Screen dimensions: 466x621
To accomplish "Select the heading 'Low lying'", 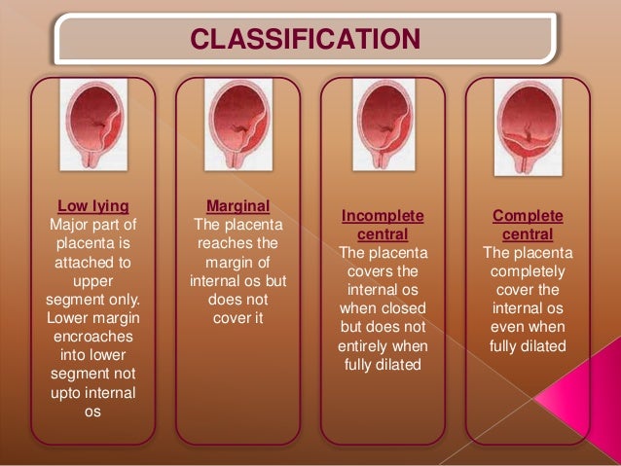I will [92, 205].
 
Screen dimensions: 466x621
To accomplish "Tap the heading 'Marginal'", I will [237, 205].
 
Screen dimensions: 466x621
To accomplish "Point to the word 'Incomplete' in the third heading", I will [383, 215].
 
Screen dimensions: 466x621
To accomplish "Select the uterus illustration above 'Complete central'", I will [528, 125].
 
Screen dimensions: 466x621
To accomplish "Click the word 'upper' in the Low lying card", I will [92, 280].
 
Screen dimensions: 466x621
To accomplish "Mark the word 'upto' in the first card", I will [73, 392].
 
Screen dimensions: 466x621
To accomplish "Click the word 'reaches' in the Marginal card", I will [237, 242].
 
